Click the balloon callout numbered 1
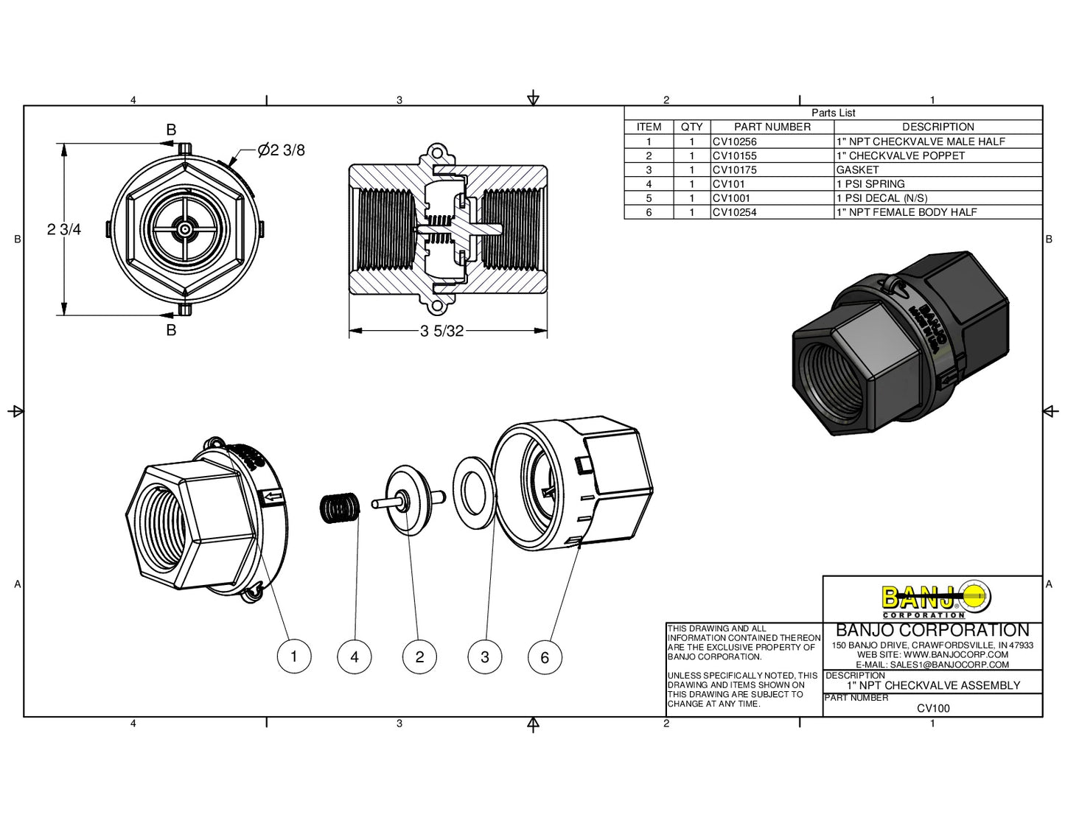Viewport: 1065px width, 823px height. (294, 656)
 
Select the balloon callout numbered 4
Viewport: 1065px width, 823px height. (355, 656)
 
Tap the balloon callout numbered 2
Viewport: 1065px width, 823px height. (420, 656)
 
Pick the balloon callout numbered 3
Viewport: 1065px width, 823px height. (485, 656)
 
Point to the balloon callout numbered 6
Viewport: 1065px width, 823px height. (545, 657)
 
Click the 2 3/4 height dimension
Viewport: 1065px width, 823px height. (64, 229)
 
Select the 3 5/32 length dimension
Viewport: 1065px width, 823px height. (442, 331)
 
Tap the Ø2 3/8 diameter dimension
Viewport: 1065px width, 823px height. (281, 150)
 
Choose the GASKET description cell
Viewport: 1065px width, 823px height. (858, 169)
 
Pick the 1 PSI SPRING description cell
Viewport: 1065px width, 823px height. (870, 183)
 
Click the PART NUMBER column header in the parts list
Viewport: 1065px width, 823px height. (772, 127)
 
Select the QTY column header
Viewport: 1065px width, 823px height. (691, 127)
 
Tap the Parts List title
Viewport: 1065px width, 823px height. (834, 113)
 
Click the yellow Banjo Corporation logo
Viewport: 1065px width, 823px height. (936, 599)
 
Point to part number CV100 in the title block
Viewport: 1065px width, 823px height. (933, 708)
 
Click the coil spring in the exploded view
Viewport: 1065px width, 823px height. (340, 507)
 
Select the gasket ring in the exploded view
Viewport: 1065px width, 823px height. (472, 492)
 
